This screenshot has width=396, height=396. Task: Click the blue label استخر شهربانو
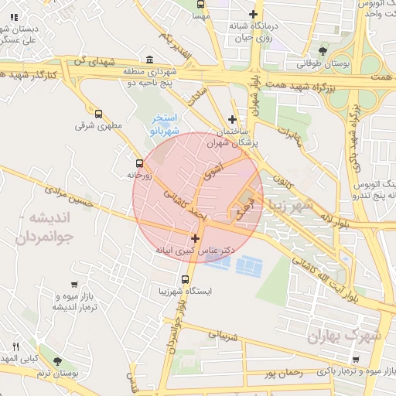pyautogui.click(x=164, y=125)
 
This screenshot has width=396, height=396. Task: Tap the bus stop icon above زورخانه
pyautogui.click(x=139, y=163)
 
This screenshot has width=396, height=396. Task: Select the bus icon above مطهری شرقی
pyautogui.click(x=97, y=113)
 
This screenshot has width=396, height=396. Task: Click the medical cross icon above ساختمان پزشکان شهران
pyautogui.click(x=232, y=118)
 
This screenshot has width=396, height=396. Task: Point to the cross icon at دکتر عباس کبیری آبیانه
pyautogui.click(x=195, y=238)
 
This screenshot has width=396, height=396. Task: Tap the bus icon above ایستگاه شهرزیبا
pyautogui.click(x=184, y=279)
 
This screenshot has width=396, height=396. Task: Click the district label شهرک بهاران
pyautogui.click(x=344, y=336)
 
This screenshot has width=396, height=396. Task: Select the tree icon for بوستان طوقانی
pyautogui.click(x=323, y=51)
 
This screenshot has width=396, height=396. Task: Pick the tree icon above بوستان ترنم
pyautogui.click(x=57, y=361)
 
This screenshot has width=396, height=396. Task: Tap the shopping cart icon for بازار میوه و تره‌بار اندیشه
pyautogui.click(x=73, y=285)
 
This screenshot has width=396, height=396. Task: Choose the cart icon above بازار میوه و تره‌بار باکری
pyautogui.click(x=355, y=360)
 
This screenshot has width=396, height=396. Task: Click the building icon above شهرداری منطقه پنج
pyautogui.click(x=149, y=60)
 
